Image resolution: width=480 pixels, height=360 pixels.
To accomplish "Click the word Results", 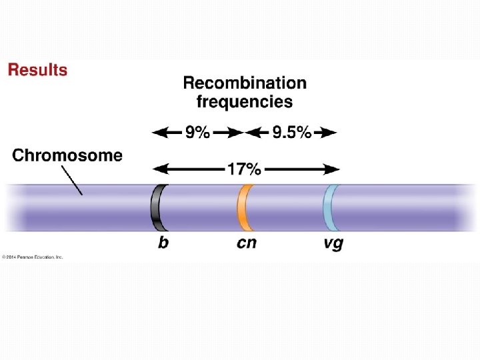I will coord(37,70).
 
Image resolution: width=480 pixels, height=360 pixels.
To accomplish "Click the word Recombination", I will coord(245,83).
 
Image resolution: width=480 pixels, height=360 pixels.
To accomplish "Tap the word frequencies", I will coord(245,102).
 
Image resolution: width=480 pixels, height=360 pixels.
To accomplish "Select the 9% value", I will coord(197,133).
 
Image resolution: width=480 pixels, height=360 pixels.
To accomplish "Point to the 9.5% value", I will coord(291,133).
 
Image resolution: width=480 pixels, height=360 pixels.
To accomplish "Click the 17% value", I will coord(244,169).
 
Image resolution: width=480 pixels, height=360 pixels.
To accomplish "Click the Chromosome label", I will coord(67,156).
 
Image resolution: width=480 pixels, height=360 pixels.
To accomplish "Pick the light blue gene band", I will coord(329,207).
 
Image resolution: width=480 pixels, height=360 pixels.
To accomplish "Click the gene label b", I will coord(163,243).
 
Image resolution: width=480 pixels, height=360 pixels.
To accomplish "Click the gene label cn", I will coord(246,243).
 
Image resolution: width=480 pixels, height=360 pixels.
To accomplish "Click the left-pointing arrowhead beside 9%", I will coord(157,133).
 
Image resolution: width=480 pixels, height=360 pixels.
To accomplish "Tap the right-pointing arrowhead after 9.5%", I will coord(331,133).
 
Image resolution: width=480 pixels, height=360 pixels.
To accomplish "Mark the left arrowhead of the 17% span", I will coord(157,169).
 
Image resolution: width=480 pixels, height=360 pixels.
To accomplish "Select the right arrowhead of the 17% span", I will coord(333,169).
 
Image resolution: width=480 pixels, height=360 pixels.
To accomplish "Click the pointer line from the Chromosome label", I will coord(71,180).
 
